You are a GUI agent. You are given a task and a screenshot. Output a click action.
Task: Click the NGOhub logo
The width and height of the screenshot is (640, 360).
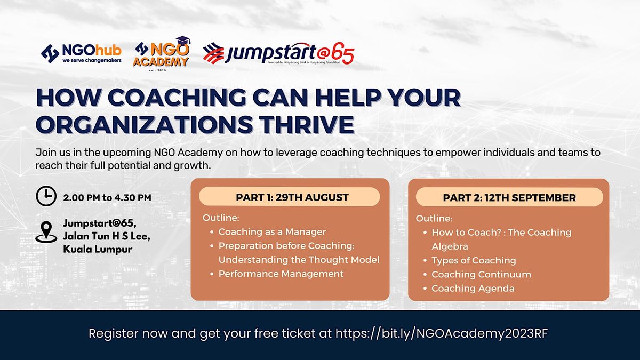[x=82, y=54]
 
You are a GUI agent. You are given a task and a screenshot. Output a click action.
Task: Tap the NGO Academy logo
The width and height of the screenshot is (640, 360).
[x=162, y=54]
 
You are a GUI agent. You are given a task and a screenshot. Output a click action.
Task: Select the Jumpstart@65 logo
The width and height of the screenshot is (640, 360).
[x=278, y=53]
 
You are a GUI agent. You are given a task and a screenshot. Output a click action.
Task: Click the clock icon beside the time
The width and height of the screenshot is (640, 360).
[x=46, y=196]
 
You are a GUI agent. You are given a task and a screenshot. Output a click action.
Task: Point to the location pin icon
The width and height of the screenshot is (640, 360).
[x=46, y=232]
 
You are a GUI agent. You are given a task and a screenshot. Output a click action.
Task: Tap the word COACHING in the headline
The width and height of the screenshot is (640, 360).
[x=177, y=98]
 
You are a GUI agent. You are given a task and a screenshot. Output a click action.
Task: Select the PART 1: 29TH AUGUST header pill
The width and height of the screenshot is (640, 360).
[x=290, y=197]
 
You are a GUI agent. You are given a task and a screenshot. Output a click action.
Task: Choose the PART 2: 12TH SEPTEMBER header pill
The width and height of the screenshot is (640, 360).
[x=509, y=197]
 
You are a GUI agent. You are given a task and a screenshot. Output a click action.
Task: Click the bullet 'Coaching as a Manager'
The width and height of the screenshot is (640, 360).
[x=272, y=231]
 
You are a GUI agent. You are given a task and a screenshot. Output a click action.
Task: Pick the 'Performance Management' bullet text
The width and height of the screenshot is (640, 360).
[x=281, y=274]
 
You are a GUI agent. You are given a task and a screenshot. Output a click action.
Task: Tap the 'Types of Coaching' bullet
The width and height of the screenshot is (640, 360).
[x=474, y=260]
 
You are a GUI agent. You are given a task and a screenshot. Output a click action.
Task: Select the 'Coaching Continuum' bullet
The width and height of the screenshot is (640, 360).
[x=481, y=274]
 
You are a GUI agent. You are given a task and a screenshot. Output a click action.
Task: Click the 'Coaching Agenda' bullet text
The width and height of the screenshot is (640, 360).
[x=473, y=289]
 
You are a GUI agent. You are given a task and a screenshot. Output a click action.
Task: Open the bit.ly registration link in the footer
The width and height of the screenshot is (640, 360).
[x=442, y=333]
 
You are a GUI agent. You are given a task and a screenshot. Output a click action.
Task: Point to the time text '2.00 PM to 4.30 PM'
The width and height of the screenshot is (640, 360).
[x=107, y=198]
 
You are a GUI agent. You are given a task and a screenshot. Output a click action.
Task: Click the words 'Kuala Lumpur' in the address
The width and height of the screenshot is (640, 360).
[x=98, y=249]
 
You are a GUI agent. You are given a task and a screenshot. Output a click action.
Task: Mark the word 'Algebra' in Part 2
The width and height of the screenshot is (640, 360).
[x=450, y=246]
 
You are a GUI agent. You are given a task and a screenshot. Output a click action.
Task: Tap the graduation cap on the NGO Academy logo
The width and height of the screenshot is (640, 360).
[x=183, y=41]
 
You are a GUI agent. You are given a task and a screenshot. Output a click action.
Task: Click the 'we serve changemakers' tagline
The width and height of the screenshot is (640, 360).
[x=92, y=61]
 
